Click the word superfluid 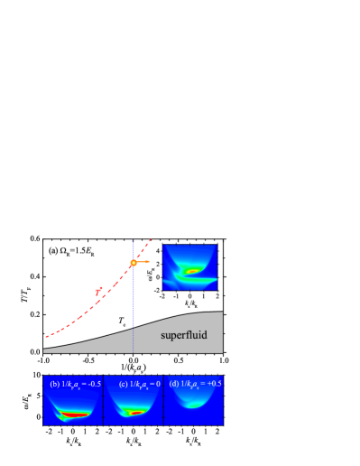point(184,335)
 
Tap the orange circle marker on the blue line point(134,263)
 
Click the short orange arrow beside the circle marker point(144,262)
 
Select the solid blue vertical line point(134,298)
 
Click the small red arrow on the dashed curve point(98,291)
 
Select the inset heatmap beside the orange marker point(189,267)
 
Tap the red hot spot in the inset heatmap point(191,270)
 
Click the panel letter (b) point(54,384)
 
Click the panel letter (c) point(123,384)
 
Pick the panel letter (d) point(173,384)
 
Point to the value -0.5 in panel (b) point(92,384)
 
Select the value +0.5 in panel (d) point(213,384)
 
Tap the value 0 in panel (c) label point(157,384)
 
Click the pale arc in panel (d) point(192,405)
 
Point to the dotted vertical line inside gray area point(134,339)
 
